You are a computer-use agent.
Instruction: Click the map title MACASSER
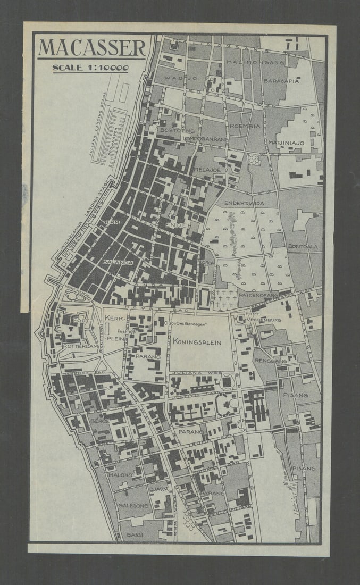(x=91, y=47)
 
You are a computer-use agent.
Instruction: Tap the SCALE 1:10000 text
(x=90, y=68)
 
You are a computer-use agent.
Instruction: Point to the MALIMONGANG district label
(x=249, y=62)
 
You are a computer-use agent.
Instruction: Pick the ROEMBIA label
(x=245, y=126)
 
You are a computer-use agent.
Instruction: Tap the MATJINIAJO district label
(x=286, y=143)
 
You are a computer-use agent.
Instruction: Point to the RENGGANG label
(x=271, y=361)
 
